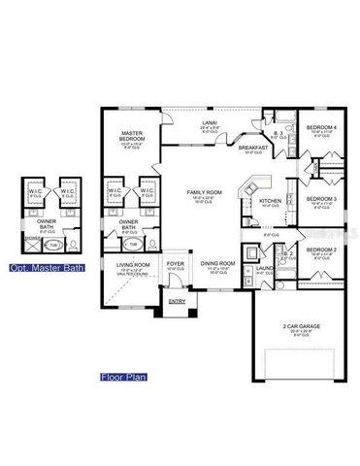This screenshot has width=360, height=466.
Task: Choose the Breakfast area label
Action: point(253,147)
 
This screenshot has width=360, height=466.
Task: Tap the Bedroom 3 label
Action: point(321,199)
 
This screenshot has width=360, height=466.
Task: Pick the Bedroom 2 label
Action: point(321,250)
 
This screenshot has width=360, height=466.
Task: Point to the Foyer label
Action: point(175,263)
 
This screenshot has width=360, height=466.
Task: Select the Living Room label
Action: point(132,264)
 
